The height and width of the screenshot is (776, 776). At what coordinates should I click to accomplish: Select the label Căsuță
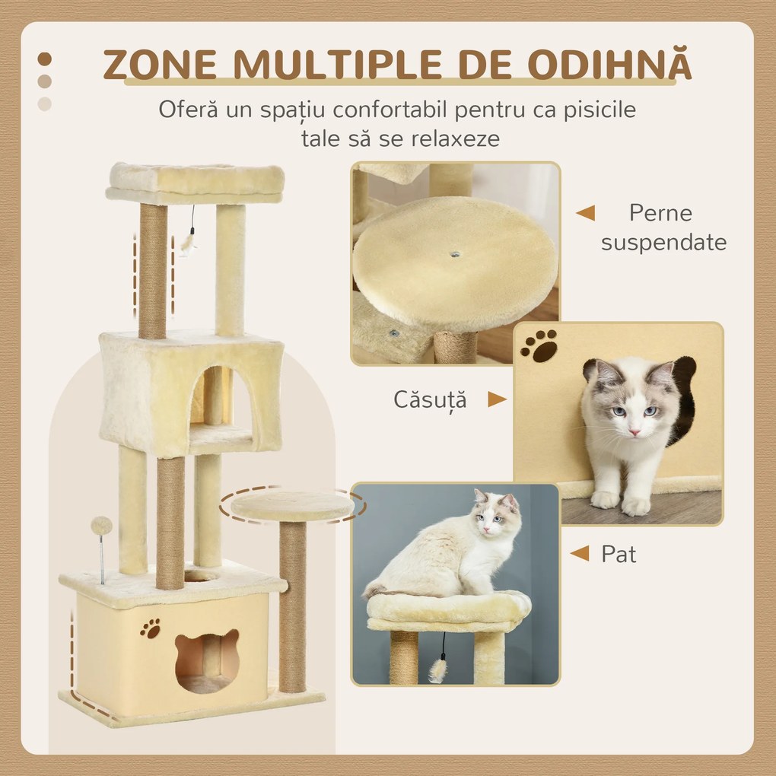[430, 399]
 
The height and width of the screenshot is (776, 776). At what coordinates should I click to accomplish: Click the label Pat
[619, 554]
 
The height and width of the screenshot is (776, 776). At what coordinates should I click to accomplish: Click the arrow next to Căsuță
[497, 399]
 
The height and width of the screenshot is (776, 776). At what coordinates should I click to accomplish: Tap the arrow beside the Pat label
[580, 554]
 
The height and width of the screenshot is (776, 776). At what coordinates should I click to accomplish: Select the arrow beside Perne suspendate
[585, 213]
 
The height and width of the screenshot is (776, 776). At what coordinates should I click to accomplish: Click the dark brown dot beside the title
[45, 59]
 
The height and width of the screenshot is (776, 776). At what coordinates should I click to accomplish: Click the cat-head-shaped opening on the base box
[206, 659]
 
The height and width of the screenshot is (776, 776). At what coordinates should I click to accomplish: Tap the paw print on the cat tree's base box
[151, 628]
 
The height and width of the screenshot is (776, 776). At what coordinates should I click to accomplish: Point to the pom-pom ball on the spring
[101, 526]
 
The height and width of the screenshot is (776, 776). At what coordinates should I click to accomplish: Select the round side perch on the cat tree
[292, 504]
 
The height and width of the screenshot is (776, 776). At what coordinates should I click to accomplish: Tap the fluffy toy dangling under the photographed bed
[437, 669]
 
